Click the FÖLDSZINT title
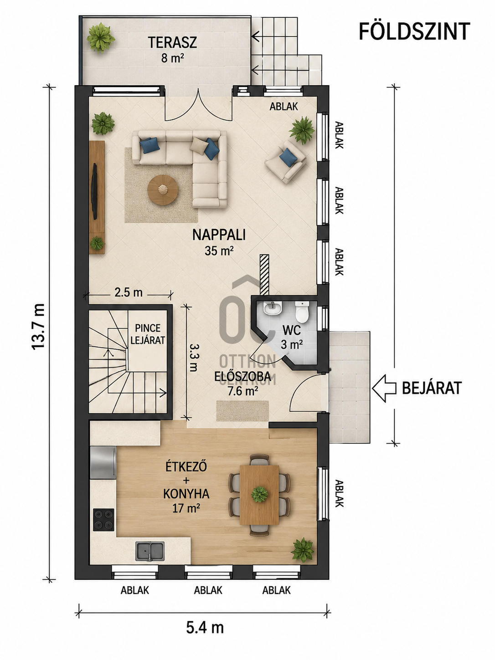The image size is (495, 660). pos(414,31)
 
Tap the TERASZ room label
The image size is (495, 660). pos(172,43)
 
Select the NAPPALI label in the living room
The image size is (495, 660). pos(219,235)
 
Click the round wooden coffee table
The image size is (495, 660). pos(162,190)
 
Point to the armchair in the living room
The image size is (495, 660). pos(286,161)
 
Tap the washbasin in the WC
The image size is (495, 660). pos(273,308)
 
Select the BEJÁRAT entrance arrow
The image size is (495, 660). pos(384,388)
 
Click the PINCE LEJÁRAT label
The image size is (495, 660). pos(148,334)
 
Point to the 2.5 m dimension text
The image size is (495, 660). pos(128,292)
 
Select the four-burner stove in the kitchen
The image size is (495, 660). pos(103,520)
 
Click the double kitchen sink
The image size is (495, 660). pos(150,551)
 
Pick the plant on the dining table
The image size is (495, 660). pos(259,494)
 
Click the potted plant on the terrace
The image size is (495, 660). pos(101,37)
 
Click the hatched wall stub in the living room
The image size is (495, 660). pos(264,275)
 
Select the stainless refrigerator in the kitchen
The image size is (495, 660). pos(103,463)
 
